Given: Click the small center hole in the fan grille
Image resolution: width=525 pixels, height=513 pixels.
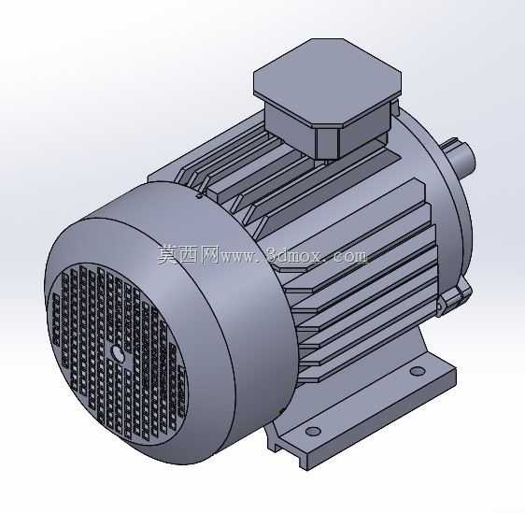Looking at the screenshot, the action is pos(118,352).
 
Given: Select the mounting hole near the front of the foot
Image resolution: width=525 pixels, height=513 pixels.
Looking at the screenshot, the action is pos(313,431).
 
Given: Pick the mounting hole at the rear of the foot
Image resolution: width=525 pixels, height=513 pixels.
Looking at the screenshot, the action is pos(418,371).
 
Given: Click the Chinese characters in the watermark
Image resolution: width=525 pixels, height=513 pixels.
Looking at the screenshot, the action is pos(189,255).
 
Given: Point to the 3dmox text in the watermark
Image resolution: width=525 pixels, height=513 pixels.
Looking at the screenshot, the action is pos(295,255).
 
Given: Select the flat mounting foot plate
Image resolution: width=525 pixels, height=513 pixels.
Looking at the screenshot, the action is pos(365,415).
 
